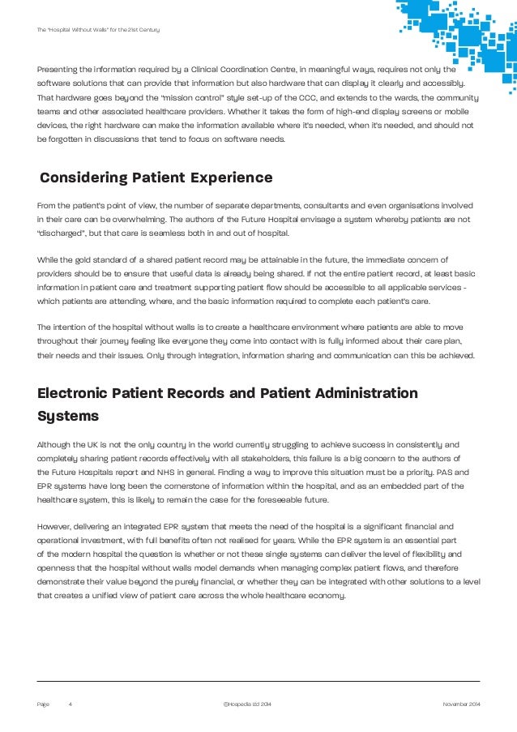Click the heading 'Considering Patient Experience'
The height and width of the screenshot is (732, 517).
156,178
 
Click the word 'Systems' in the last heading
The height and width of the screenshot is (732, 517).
68,416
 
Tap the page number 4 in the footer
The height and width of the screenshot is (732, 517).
70,704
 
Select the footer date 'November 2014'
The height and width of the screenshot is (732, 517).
461,704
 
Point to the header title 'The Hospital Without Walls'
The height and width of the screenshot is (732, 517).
98,30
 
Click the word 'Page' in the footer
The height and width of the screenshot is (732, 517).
43,704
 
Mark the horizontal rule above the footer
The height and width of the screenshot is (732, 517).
258,681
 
